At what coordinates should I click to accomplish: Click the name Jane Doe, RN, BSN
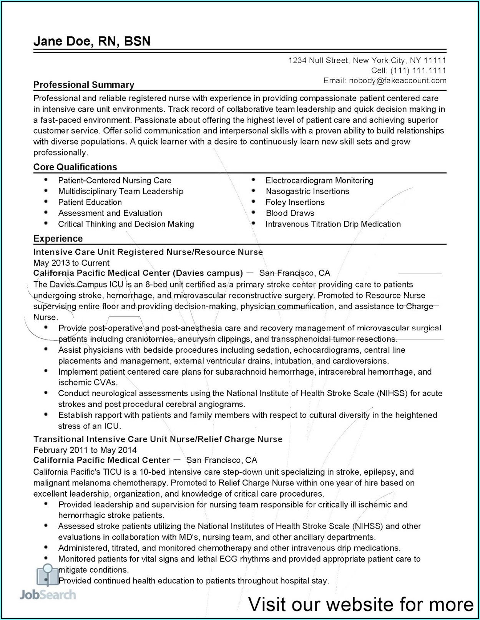[92, 41]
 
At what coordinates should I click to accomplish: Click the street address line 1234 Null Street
[367, 60]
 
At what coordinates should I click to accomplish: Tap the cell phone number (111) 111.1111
[418, 70]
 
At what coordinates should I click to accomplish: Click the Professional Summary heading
[84, 85]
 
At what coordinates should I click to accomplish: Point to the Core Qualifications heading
[75, 167]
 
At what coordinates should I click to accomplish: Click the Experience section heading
[58, 238]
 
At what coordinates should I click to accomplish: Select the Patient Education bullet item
[90, 202]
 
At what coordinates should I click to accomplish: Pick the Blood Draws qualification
[290, 213]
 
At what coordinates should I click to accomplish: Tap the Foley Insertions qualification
[295, 202]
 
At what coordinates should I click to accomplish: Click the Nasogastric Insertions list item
[307, 192]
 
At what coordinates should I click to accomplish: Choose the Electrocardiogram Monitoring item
[319, 180]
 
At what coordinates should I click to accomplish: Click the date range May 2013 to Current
[71, 263]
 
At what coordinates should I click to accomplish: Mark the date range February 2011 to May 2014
[85, 450]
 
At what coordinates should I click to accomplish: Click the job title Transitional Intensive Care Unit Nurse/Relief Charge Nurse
[158, 439]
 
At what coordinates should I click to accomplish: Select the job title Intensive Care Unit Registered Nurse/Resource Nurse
[148, 252]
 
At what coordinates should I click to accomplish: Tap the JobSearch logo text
[48, 595]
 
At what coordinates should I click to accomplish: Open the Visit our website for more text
[361, 604]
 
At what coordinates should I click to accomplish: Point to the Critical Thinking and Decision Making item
[126, 224]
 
